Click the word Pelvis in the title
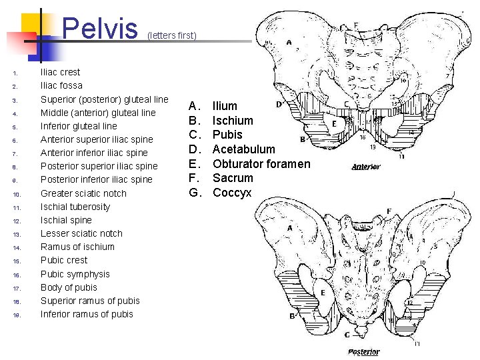click(x=99, y=27)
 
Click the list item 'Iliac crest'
click(x=60, y=72)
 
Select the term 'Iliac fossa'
click(x=61, y=85)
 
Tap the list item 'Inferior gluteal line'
click(x=79, y=126)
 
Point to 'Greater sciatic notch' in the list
click(x=83, y=193)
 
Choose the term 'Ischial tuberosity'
click(x=75, y=207)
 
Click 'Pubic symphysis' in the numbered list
click(x=75, y=274)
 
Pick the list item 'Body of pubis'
click(x=69, y=287)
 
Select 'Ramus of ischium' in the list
click(x=77, y=247)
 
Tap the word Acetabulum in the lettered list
click(x=243, y=149)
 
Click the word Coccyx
click(x=232, y=193)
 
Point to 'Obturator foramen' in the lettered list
click(x=261, y=164)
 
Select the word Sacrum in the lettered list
click(x=233, y=178)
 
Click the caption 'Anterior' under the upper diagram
click(x=365, y=167)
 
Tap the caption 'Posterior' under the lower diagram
click(x=363, y=351)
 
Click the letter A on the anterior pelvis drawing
click(x=289, y=42)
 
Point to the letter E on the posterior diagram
click(x=323, y=293)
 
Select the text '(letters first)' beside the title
click(x=172, y=35)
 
